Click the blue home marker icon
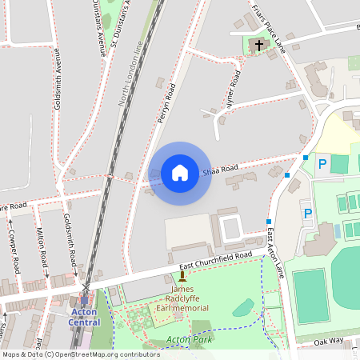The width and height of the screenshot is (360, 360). [179, 172]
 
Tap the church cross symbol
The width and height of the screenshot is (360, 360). [258, 46]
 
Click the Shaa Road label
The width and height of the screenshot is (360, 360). [220, 170]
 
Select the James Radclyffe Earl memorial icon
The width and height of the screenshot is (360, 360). [182, 277]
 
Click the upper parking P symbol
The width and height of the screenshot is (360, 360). [322, 163]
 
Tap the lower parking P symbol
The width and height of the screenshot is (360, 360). [306, 214]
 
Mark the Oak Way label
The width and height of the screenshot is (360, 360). [330, 340]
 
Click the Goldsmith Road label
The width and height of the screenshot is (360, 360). [70, 239]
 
